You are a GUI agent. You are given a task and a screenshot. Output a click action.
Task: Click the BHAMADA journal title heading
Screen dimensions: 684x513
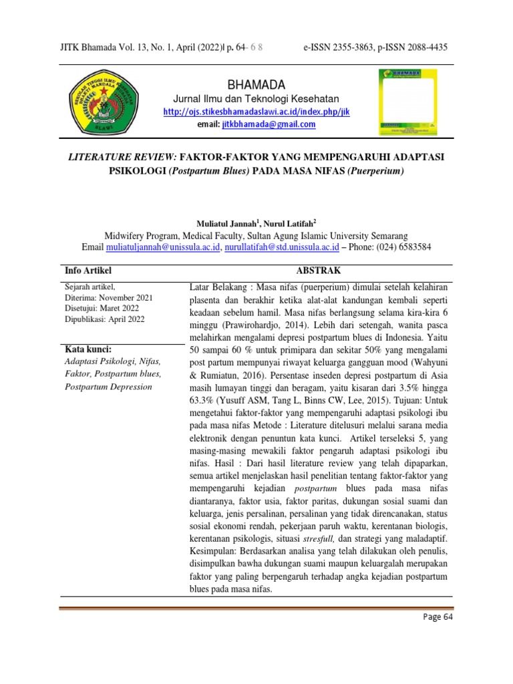(x=256, y=85)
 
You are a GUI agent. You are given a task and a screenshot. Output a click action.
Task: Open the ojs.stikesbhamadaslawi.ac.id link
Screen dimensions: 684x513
(x=256, y=112)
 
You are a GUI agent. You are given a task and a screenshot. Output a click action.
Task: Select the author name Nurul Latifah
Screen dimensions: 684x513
(x=275, y=223)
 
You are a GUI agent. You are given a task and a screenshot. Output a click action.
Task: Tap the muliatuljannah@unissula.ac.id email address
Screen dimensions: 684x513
(x=163, y=246)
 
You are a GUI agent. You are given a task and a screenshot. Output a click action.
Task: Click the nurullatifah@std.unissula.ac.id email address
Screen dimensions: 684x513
(x=281, y=246)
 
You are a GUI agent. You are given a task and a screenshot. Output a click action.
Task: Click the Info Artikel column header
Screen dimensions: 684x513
(x=88, y=271)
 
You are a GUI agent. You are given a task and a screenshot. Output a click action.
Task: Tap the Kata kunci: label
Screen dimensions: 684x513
(x=88, y=349)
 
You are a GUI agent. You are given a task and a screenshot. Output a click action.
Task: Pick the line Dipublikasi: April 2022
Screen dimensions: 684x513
(x=104, y=319)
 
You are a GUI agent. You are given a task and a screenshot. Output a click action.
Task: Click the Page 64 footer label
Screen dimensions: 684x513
(x=438, y=636)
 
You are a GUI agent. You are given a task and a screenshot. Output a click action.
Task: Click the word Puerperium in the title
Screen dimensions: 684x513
(x=375, y=170)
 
